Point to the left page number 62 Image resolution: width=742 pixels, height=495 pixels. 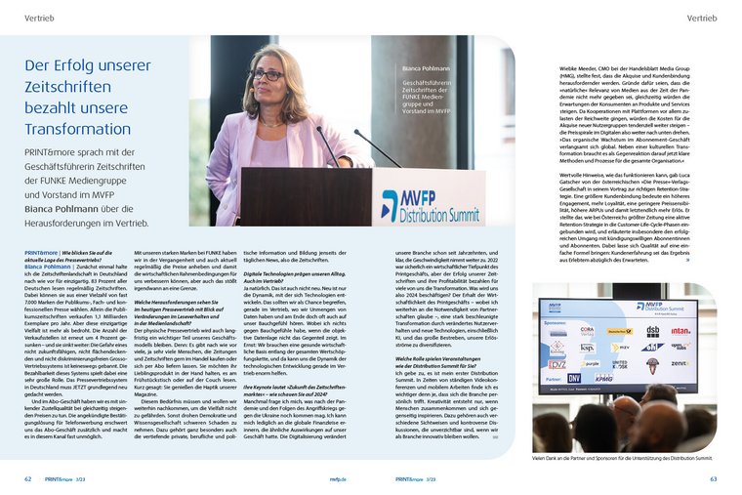pos(28,479)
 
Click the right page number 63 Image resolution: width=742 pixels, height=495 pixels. pos(714,479)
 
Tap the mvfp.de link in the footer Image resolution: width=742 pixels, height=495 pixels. pos(337,479)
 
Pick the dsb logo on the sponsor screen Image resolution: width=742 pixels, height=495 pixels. pos(651,331)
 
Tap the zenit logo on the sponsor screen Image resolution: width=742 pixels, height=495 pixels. pos(680,363)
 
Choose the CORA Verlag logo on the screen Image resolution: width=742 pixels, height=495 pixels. pos(587,331)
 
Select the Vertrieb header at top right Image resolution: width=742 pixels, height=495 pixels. pos(701,18)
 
